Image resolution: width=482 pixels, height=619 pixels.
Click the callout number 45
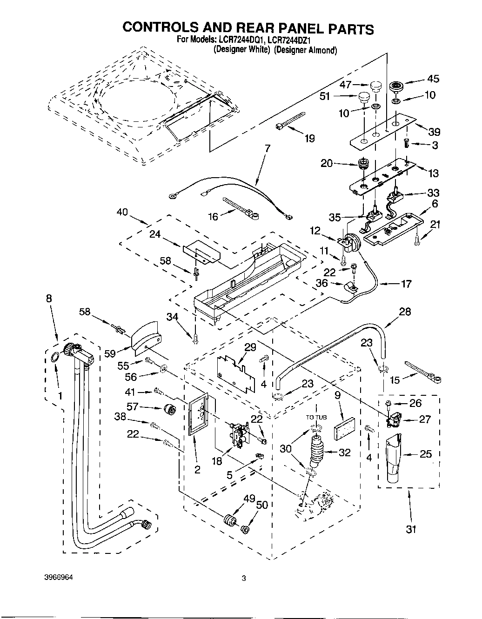[433, 79]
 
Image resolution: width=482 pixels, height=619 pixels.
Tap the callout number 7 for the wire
[267, 149]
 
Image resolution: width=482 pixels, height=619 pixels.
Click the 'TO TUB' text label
[317, 417]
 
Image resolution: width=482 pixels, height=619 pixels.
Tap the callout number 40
[123, 213]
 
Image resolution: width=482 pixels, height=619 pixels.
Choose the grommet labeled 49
[229, 520]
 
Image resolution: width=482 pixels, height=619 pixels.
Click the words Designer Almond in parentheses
[305, 50]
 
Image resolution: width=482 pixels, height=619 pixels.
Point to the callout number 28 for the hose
[405, 312]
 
